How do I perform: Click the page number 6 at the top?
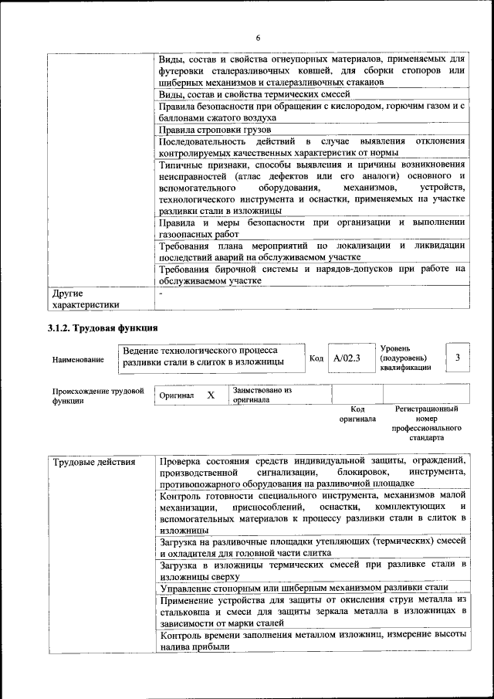(259, 38)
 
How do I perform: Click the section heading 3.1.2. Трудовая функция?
(103, 328)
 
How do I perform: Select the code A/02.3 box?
(347, 358)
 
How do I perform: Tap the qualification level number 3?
(458, 357)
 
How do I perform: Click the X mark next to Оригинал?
(210, 395)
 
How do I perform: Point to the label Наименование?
(79, 360)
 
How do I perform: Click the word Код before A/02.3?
(316, 358)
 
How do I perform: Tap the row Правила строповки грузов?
(208, 130)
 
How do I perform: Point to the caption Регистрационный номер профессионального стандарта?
(426, 422)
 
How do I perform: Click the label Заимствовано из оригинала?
(262, 395)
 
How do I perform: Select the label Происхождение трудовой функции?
(98, 395)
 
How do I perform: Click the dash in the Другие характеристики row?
(161, 294)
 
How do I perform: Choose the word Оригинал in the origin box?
(177, 395)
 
